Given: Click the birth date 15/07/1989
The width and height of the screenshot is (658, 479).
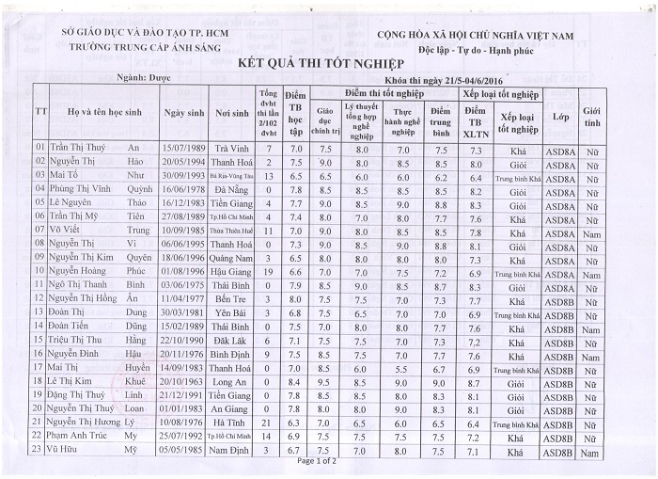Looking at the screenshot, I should point(182,148).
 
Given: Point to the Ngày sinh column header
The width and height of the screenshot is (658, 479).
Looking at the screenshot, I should point(183,113).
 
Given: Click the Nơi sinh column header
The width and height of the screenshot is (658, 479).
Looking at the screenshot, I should point(231,113).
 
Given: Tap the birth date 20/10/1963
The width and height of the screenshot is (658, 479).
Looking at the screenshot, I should point(182,383).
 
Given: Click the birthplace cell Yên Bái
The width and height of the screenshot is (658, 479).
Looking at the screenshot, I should point(230,312).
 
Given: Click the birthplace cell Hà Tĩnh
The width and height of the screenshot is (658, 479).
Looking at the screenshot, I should point(230,425).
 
